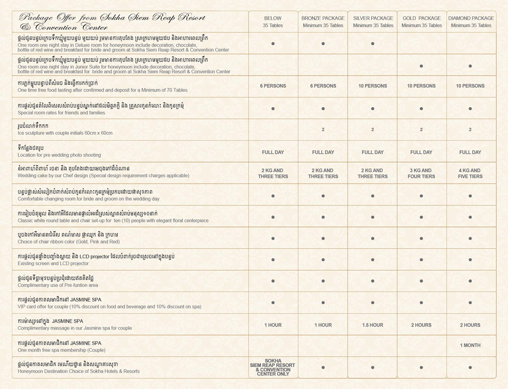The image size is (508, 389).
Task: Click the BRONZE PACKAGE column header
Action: click(323, 21)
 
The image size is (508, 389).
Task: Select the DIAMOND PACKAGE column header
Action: click(471, 21)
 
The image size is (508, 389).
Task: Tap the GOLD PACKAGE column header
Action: click(421, 21)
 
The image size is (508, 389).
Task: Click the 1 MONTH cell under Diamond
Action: click(470, 345)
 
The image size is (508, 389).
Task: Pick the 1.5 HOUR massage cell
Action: click(372, 325)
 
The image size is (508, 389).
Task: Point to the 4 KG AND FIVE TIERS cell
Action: click(470, 173)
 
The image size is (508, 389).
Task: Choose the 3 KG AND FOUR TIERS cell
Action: click(421, 173)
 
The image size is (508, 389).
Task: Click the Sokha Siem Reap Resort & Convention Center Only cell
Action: click(273, 368)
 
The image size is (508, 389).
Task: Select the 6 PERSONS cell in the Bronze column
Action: click(323, 86)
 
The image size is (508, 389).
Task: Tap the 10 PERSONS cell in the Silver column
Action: click(372, 86)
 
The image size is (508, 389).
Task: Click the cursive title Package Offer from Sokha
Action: click(112, 21)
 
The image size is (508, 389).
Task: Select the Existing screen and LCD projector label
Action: click(53, 263)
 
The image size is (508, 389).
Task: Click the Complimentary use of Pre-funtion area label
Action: click(58, 285)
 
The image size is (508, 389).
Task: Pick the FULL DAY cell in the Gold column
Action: click(421, 152)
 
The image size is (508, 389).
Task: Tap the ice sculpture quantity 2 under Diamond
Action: click(470, 130)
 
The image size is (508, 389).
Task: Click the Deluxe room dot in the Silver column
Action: click(372, 43)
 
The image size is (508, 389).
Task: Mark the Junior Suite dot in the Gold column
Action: click(421, 66)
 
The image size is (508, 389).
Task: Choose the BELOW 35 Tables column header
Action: click(273, 21)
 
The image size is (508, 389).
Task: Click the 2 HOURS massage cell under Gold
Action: click(421, 325)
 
